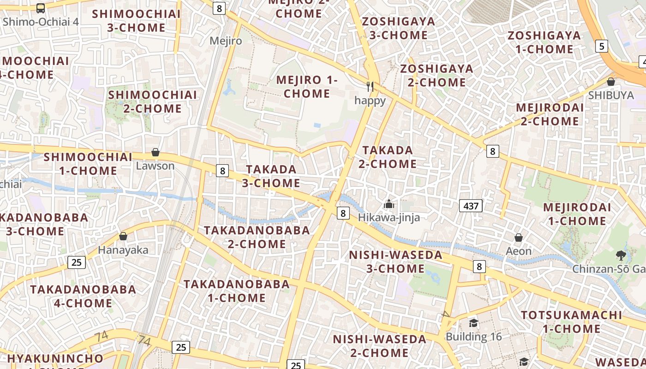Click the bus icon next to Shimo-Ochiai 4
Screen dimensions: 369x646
tap(41, 8)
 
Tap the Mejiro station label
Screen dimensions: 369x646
tap(226, 41)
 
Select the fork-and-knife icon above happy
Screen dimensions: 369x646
tap(370, 86)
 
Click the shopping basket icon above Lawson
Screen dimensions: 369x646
tap(156, 152)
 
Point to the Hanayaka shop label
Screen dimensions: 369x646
tap(123, 250)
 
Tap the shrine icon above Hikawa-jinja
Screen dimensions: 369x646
tap(389, 203)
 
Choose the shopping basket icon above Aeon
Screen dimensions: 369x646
tap(519, 238)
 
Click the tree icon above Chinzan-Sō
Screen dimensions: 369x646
tap(621, 255)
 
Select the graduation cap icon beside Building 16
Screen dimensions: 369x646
tap(473, 323)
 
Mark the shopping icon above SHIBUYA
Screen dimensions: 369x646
tap(611, 82)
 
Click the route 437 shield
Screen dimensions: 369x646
tap(471, 206)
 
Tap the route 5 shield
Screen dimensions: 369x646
tap(602, 46)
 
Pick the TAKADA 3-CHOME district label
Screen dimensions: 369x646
tap(271, 176)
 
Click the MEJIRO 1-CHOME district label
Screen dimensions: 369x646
tap(307, 87)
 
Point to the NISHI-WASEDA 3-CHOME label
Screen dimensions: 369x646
tap(395, 262)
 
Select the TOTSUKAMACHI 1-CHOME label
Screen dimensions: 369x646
tap(572, 322)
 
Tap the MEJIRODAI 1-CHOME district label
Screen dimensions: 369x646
tap(577, 214)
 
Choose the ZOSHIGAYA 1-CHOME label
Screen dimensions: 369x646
tap(544, 42)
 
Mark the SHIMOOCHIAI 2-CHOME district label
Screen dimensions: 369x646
tap(152, 101)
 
